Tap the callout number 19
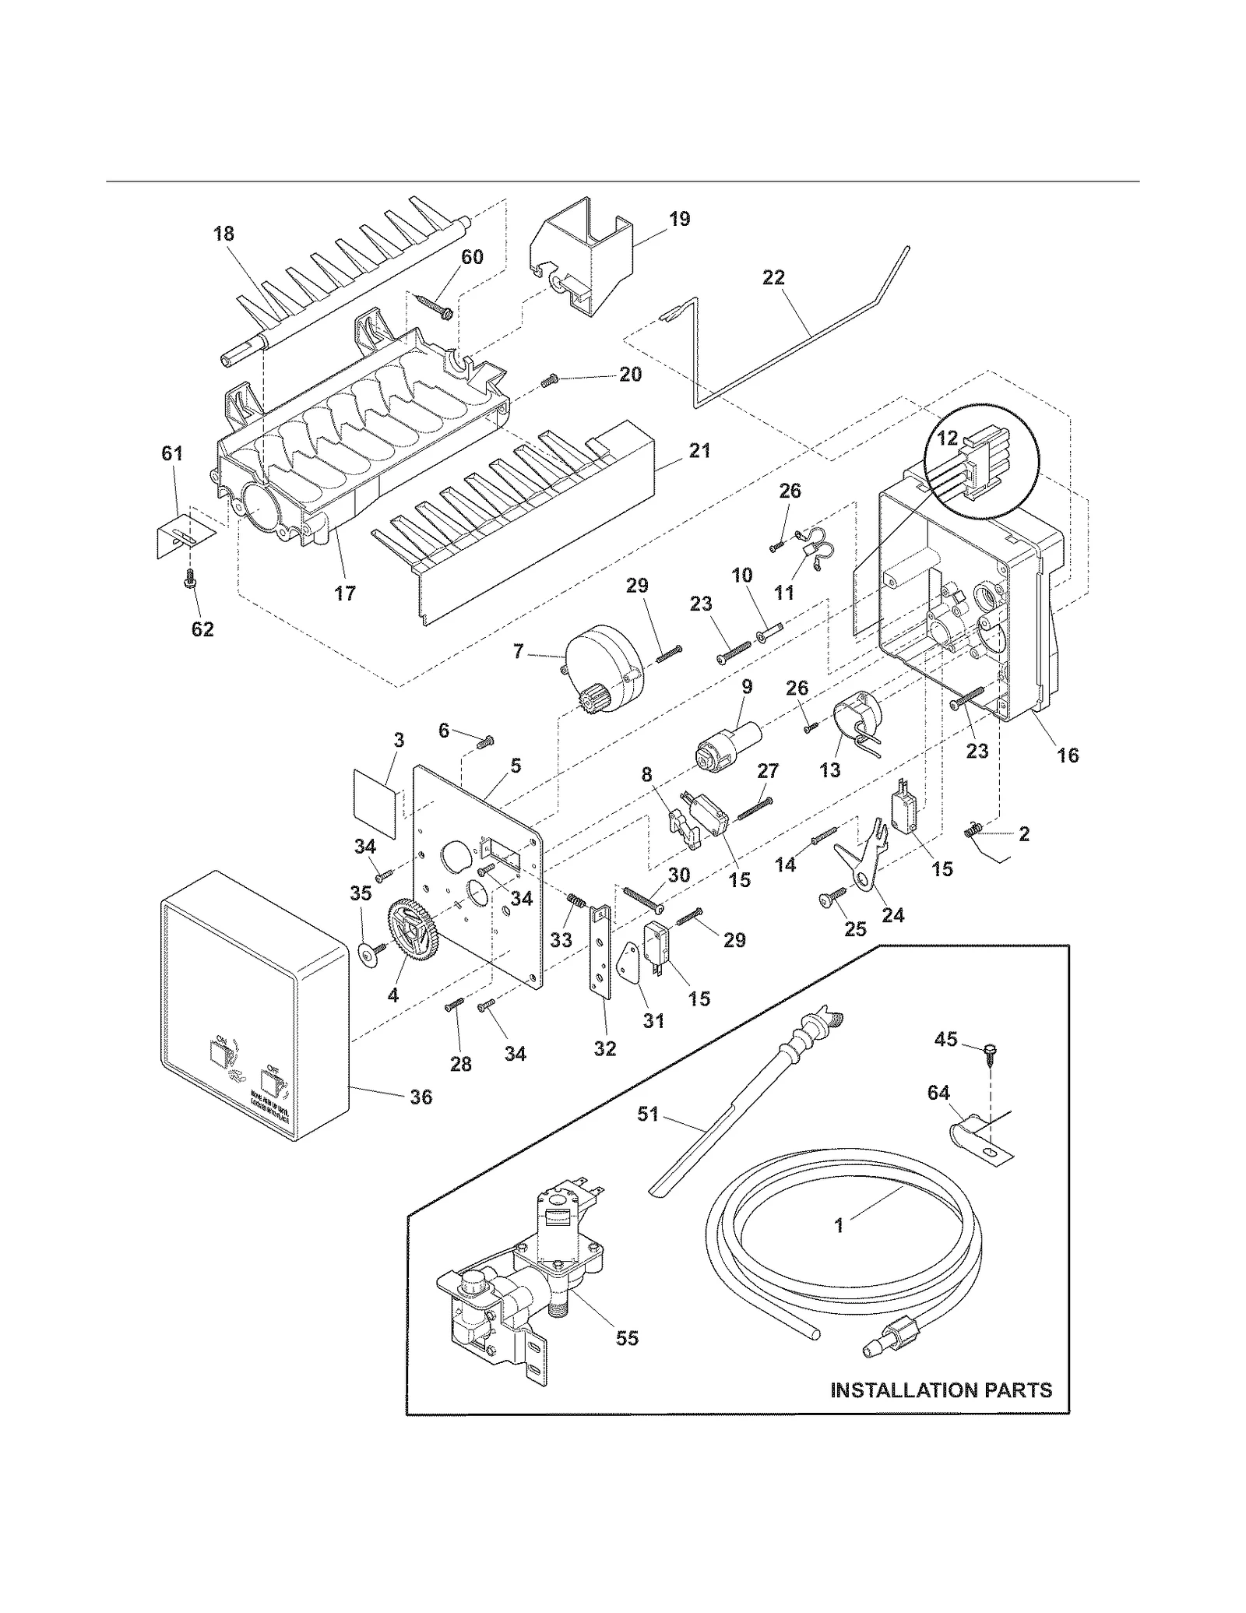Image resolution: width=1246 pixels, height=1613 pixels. (679, 219)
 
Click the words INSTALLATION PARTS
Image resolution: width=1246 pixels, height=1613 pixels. (941, 1390)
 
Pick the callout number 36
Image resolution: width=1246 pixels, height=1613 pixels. (421, 1097)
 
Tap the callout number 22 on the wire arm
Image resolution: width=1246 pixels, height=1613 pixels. (773, 278)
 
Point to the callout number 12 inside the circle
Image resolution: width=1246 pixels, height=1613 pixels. (946, 438)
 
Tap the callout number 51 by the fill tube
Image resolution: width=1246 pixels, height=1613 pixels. (648, 1115)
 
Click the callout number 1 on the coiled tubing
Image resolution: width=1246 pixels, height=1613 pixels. (839, 1225)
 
